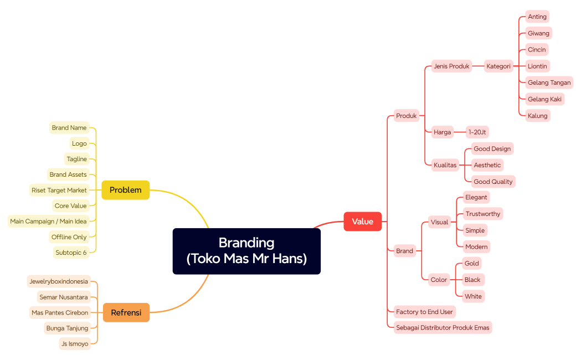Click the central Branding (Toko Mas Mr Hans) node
[246, 251]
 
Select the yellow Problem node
[126, 190]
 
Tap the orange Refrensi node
[126, 312]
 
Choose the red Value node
[362, 222]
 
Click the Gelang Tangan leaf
[549, 83]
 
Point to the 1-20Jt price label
[477, 132]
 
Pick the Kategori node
[498, 66]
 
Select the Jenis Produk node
[451, 66]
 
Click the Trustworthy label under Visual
[482, 214]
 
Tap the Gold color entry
[472, 263]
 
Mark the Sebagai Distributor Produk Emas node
[443, 327]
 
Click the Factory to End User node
[424, 312]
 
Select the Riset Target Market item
[59, 190]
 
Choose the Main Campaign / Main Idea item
[49, 222]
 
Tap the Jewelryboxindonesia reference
[59, 281]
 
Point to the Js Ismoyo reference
[75, 344]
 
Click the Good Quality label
[493, 182]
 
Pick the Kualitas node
[445, 165]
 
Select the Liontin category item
[537, 66]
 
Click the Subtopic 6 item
[71, 253]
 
